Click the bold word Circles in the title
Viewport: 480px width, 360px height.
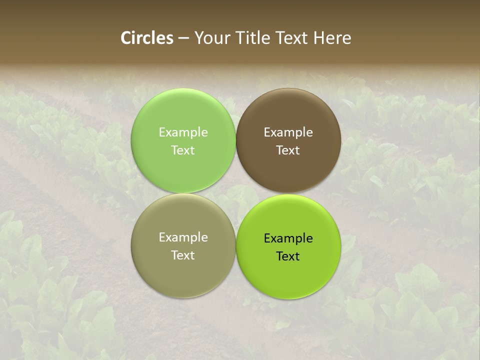pos(147,38)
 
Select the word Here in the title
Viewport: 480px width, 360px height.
pos(332,38)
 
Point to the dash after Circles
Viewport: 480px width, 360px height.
pos(183,38)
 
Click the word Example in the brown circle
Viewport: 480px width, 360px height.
pos(288,132)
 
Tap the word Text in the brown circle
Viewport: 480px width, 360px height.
pos(288,150)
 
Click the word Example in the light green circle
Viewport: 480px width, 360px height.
pos(183,132)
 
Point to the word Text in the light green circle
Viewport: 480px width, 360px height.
pos(183,150)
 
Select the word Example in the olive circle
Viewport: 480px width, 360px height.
pos(183,237)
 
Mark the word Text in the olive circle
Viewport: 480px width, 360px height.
pos(183,255)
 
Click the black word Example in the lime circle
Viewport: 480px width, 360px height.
pos(288,238)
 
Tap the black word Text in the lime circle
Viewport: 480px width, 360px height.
pos(288,256)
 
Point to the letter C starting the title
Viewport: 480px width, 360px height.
pos(126,38)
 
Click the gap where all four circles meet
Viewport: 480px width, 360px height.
pos(236,193)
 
